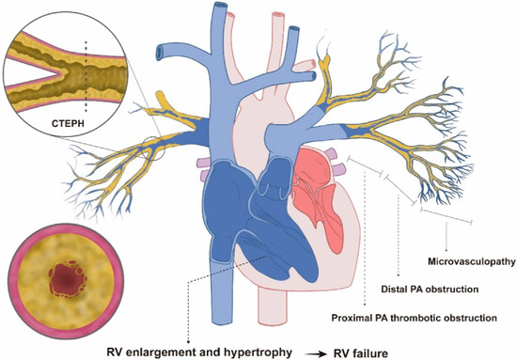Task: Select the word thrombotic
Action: click(x=406, y=320)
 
